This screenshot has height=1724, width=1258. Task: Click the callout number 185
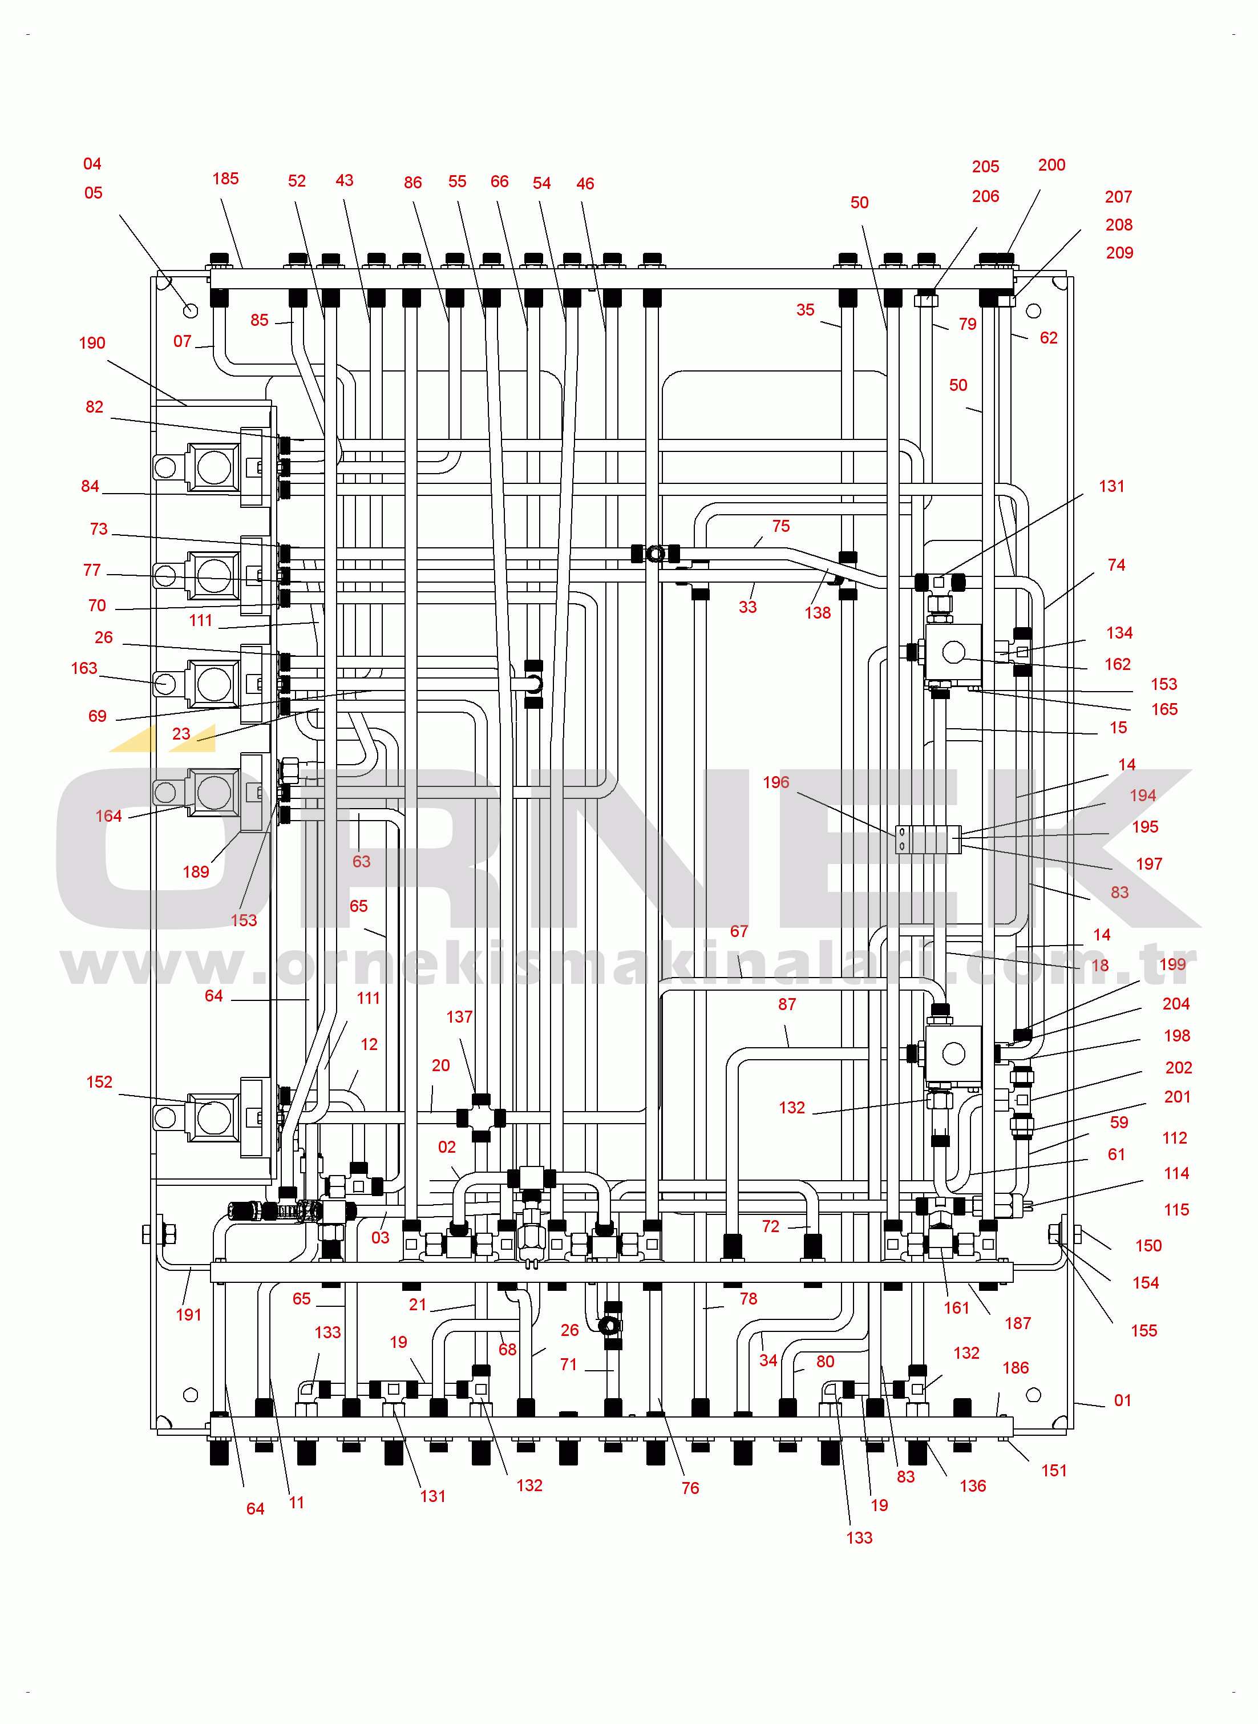point(225,179)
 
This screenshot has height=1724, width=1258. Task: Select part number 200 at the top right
point(1051,165)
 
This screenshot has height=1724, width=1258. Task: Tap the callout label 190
point(92,344)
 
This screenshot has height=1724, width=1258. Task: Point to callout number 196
point(776,783)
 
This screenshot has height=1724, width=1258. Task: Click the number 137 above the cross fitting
point(459,1018)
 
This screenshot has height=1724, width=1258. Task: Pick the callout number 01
point(1122,1400)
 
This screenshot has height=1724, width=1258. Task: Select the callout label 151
point(1054,1471)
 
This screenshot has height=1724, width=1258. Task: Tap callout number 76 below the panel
point(690,1488)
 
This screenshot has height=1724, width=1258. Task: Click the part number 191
point(188,1315)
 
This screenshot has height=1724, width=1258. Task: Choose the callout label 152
point(99,1082)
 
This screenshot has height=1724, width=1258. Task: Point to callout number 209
point(1119,253)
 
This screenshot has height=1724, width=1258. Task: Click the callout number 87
point(787,1005)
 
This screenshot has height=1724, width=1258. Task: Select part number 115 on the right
point(1176,1210)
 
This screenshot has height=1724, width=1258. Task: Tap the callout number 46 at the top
point(585,184)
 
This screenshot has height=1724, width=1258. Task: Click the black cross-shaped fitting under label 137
point(480,1118)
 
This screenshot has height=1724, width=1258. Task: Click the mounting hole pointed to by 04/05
point(191,310)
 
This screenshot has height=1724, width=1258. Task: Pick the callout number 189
point(196,872)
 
